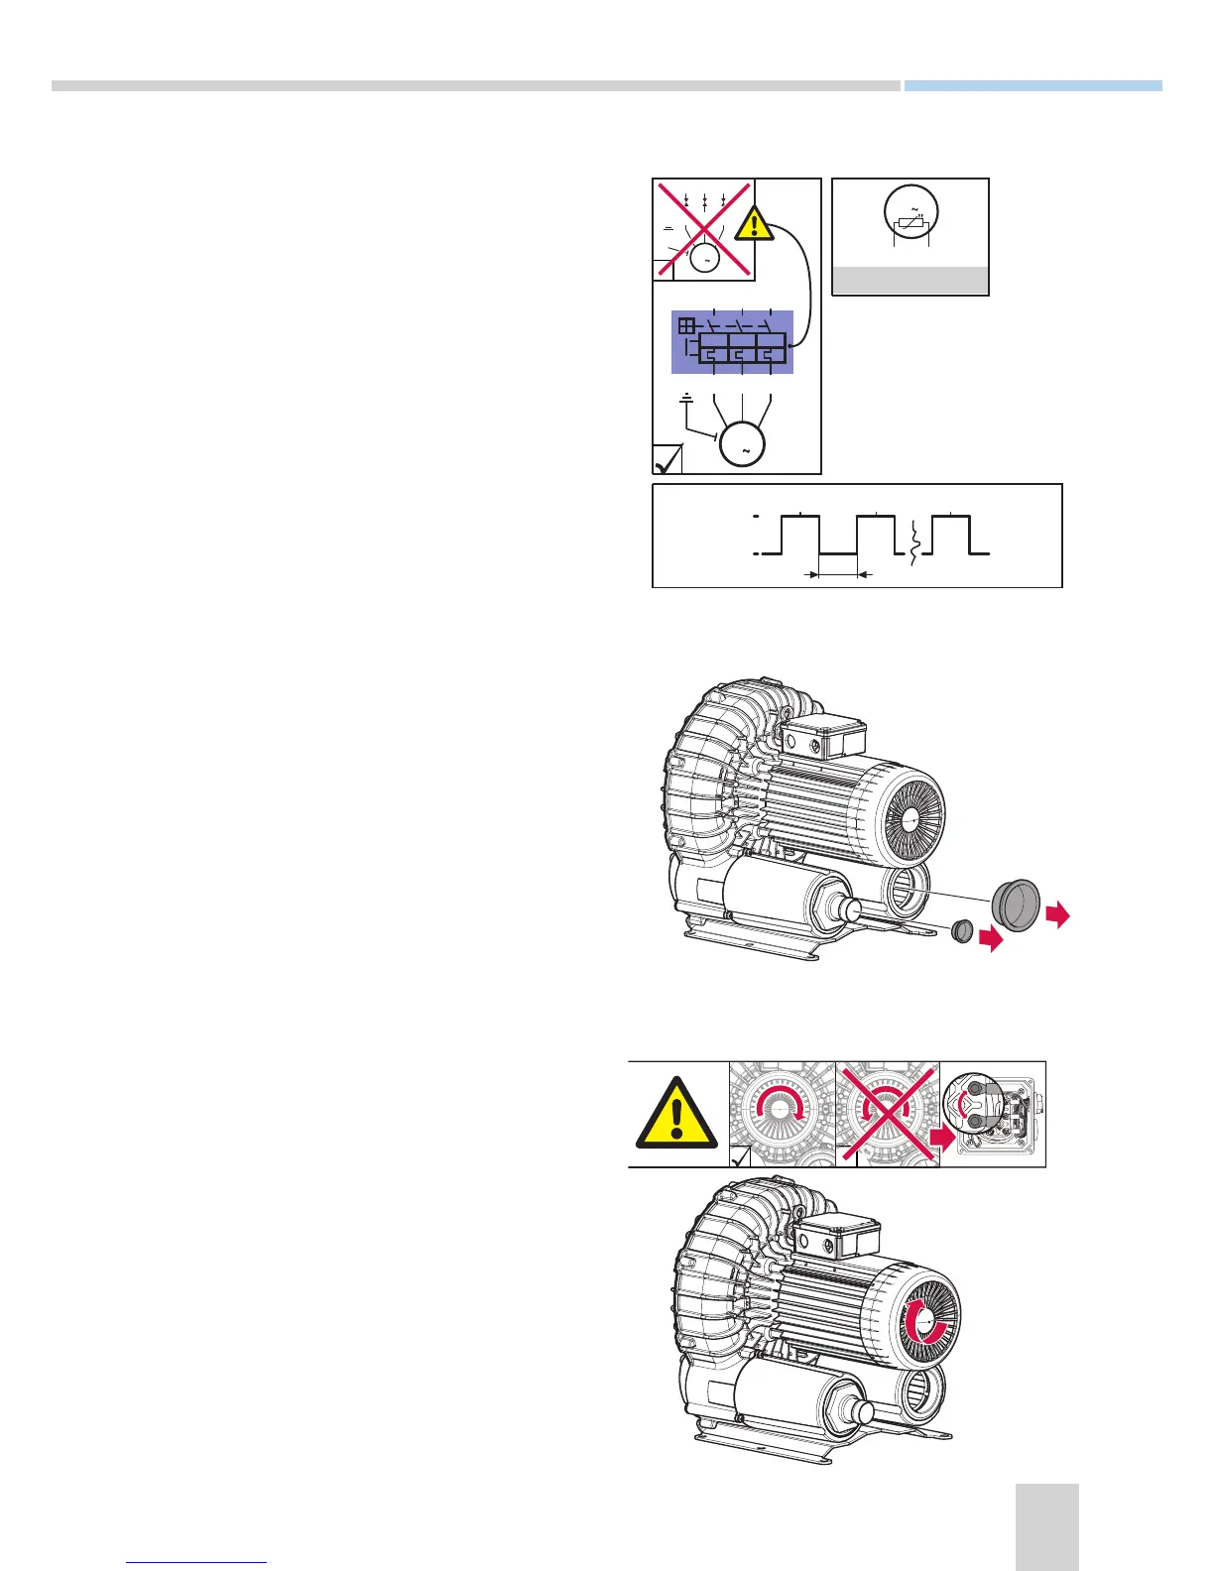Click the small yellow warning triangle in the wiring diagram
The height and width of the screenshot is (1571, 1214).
[x=756, y=223]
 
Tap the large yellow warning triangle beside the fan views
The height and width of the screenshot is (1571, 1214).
[x=676, y=1116]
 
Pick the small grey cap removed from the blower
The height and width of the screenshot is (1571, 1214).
[x=960, y=932]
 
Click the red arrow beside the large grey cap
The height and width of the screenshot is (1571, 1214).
[x=1058, y=914]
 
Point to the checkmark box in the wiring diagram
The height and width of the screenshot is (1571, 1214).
[x=668, y=459]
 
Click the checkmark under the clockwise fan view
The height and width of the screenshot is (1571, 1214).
[x=739, y=1156]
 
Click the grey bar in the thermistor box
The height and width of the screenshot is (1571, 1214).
[x=910, y=281]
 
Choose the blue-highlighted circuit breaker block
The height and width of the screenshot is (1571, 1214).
[x=733, y=342]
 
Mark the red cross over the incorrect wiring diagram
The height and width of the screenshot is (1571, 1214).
[x=704, y=230]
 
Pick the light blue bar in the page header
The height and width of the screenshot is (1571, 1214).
[x=1032, y=86]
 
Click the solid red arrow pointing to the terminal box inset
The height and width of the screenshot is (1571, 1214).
[x=942, y=1139]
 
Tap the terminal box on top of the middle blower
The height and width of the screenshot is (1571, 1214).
[x=822, y=735]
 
